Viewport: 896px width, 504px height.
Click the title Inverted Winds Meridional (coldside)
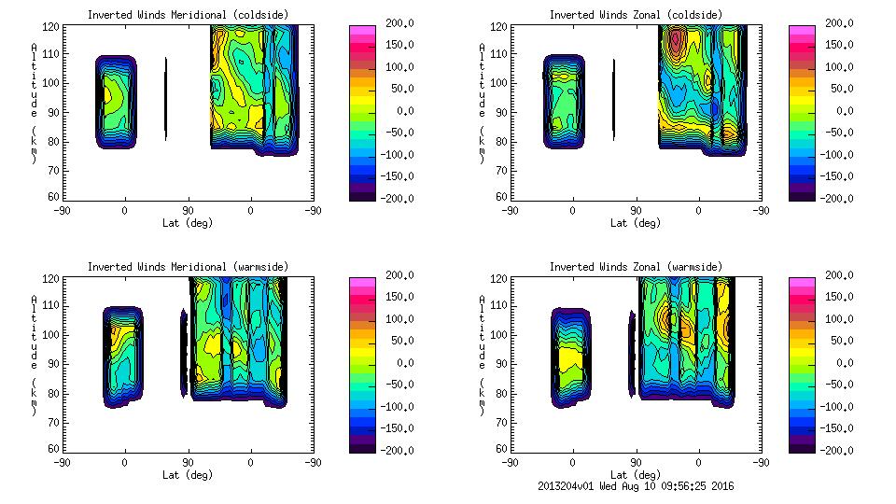tap(188, 15)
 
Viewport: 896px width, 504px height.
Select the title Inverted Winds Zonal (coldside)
tap(636, 15)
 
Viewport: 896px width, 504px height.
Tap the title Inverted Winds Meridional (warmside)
tap(188, 267)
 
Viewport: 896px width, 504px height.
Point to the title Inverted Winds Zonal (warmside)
tap(636, 267)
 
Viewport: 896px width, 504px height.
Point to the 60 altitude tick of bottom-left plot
tap(56, 449)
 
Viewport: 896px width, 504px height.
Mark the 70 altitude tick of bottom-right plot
tap(504, 422)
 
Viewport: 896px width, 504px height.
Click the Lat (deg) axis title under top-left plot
tap(188, 223)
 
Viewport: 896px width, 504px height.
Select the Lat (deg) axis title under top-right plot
tap(636, 223)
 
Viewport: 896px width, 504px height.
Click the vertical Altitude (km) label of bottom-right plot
tap(482, 355)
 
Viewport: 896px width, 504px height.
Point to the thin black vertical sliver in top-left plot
tap(166, 98)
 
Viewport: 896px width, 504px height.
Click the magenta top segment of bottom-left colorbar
tap(362, 282)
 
